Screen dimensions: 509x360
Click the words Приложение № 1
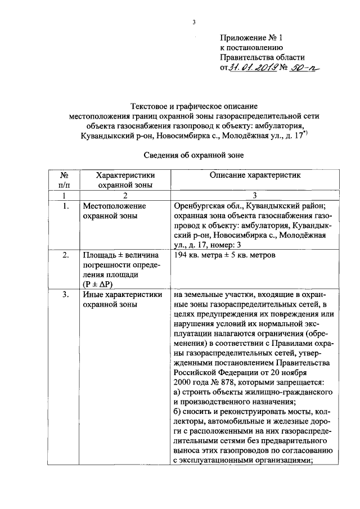tap(250, 38)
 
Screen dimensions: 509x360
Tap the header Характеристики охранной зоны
tap(124, 179)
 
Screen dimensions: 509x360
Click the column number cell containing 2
tap(124, 195)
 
